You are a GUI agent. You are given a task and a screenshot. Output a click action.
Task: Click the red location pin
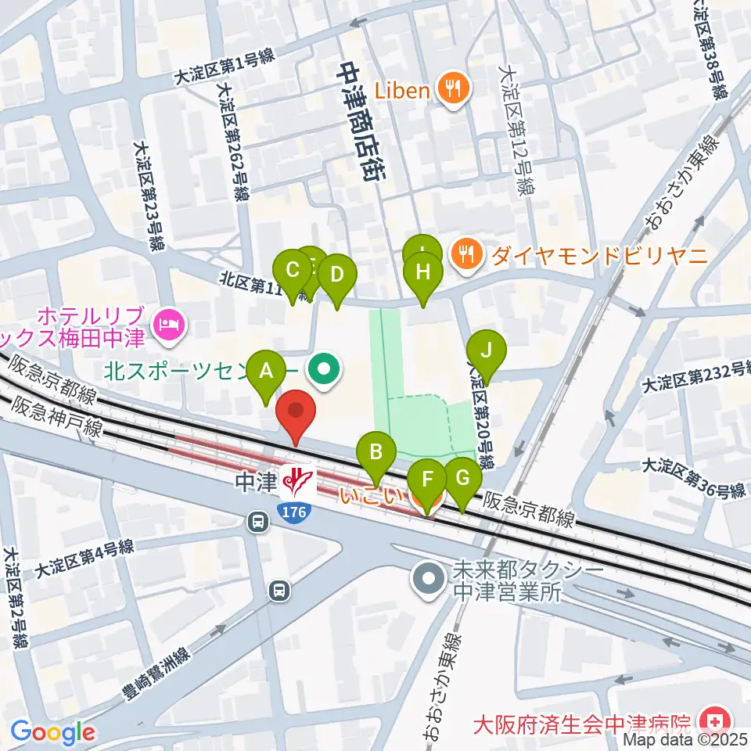point(296,413)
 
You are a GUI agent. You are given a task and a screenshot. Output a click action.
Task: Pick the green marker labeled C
point(293,271)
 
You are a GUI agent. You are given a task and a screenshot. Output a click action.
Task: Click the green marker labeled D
point(337,275)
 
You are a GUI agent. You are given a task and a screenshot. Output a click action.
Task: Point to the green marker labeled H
point(423,273)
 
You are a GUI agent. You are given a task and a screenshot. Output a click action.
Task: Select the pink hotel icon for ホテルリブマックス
point(168,324)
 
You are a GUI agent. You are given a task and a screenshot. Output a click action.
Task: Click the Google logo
point(52,732)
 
